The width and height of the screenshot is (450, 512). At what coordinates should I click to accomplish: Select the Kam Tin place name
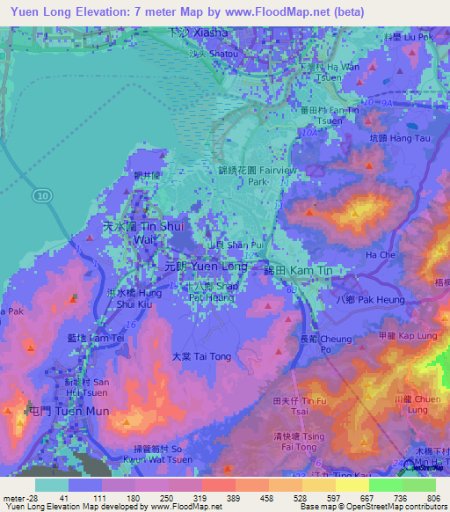click(298, 272)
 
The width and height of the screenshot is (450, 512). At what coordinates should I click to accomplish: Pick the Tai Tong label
click(194, 356)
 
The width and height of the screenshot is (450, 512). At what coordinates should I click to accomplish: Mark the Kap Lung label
click(404, 336)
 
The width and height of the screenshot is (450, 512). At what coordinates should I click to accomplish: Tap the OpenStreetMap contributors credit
click(391, 506)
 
